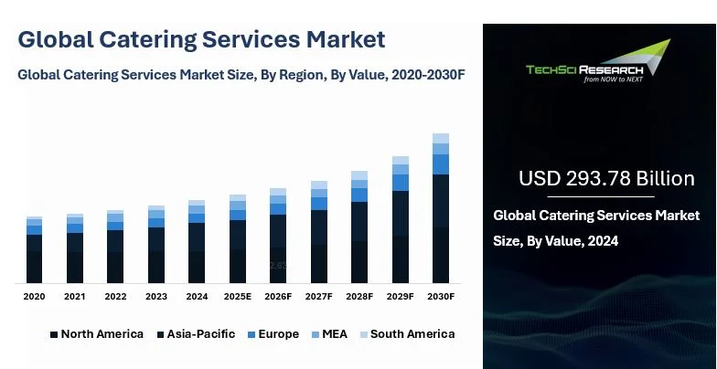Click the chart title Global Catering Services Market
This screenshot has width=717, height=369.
click(201, 39)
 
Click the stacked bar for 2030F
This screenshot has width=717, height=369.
click(440, 208)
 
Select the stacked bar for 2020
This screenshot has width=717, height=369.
click(34, 249)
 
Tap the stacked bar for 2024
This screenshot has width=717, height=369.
click(197, 241)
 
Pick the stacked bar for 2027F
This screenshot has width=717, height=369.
click(318, 232)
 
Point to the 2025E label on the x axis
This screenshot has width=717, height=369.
click(237, 297)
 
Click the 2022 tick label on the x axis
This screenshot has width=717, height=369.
click(115, 297)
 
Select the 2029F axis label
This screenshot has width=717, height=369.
click(400, 297)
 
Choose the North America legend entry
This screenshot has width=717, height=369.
click(96, 334)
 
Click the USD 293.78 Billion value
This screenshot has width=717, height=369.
click(606, 178)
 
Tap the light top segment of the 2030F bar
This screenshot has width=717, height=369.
click(440, 138)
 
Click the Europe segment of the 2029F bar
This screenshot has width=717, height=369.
click(400, 183)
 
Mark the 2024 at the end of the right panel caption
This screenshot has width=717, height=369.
click(603, 241)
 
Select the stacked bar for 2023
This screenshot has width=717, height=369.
click(156, 245)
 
